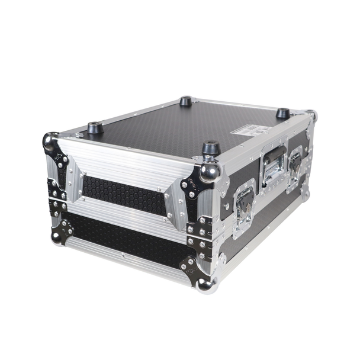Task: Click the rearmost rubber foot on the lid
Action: (x=186, y=101)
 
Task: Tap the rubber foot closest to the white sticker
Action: (x=283, y=113)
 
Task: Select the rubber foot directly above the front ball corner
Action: (x=210, y=147)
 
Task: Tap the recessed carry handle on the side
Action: (x=272, y=168)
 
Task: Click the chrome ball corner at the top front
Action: (x=210, y=171)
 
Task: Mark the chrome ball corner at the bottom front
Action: (x=206, y=285)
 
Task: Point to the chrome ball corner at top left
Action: (x=51, y=142)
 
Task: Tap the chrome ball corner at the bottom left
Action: (x=57, y=236)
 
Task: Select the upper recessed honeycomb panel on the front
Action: (x=124, y=194)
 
